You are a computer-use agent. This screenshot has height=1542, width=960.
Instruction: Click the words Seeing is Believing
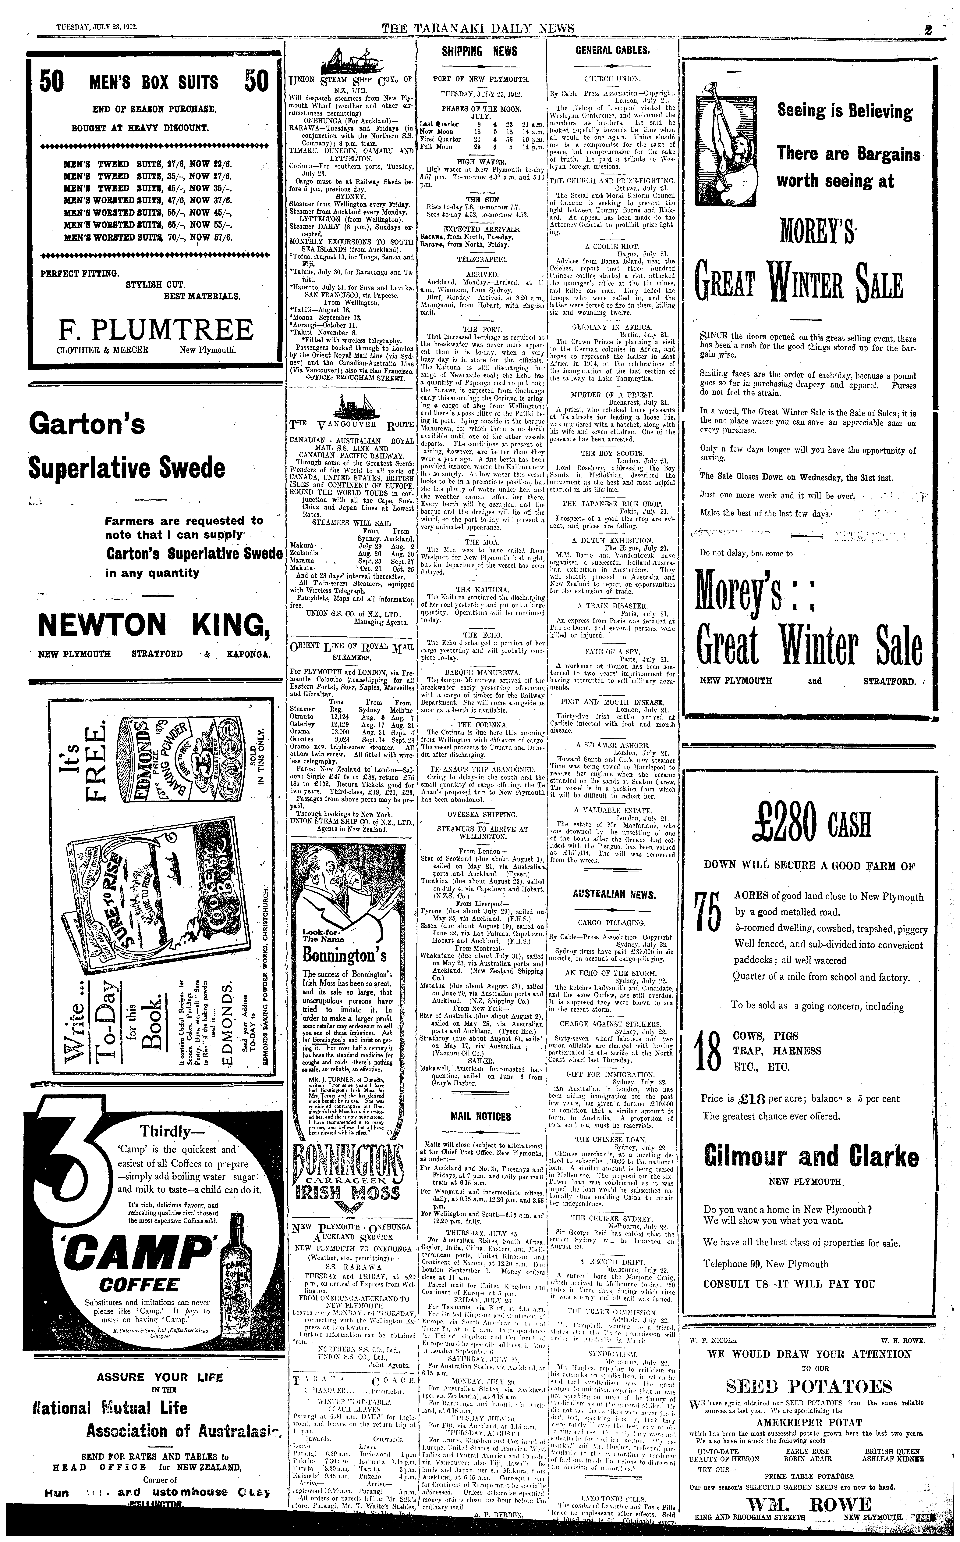click(x=845, y=112)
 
